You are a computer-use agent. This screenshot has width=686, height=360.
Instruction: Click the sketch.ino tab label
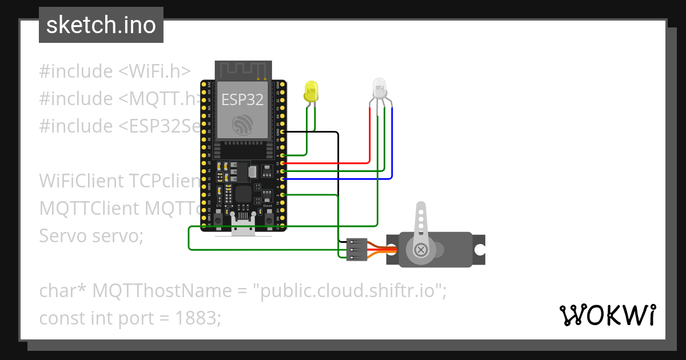[x=101, y=25]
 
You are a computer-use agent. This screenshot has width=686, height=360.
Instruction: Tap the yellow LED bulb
[x=311, y=91]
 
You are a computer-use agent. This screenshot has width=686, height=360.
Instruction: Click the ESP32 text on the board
[x=242, y=99]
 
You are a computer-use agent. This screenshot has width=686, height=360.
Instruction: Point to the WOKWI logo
[x=607, y=315]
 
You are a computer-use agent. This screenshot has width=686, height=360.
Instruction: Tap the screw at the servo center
[x=421, y=250]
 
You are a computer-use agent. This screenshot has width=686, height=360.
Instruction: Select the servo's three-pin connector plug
[x=356, y=250]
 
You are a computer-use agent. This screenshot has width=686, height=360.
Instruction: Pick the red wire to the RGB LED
[x=370, y=143]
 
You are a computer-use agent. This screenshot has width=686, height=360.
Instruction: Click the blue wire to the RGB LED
[x=392, y=154]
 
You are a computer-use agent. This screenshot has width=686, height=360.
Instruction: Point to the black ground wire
[x=338, y=183]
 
